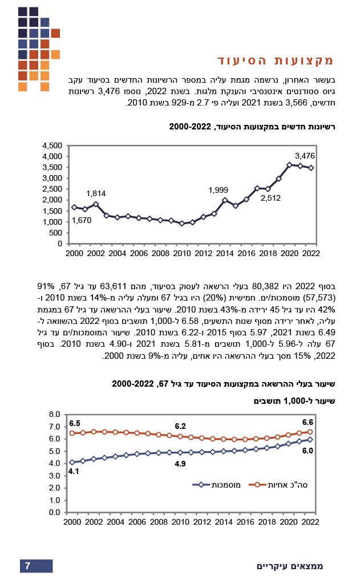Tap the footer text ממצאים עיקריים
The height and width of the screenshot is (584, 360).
[290, 566]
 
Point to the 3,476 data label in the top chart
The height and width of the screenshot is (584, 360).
[305, 156]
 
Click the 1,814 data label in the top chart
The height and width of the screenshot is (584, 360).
[96, 194]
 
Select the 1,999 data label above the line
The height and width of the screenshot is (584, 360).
[219, 190]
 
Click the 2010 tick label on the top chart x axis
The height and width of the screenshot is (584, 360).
[182, 253]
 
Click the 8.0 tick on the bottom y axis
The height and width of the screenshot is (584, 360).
[55, 414]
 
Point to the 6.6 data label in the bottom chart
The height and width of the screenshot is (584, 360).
[308, 422]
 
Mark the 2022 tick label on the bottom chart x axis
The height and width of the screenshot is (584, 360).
[311, 522]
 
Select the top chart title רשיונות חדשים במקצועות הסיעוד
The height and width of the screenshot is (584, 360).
[250, 127]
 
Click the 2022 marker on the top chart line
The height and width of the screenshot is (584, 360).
[312, 168]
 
